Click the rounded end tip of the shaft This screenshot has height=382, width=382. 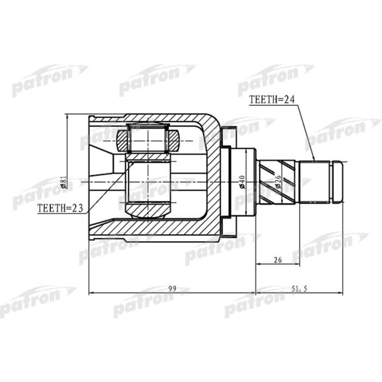pos(338,181)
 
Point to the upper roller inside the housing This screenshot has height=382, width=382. pos(148,137)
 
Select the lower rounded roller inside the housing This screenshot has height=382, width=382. pos(148,210)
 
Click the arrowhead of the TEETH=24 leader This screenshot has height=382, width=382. pos(313,159)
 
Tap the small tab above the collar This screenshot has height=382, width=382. pos(228,130)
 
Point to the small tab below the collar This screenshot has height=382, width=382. pos(228,233)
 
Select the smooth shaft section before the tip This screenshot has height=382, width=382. pos(315,181)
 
